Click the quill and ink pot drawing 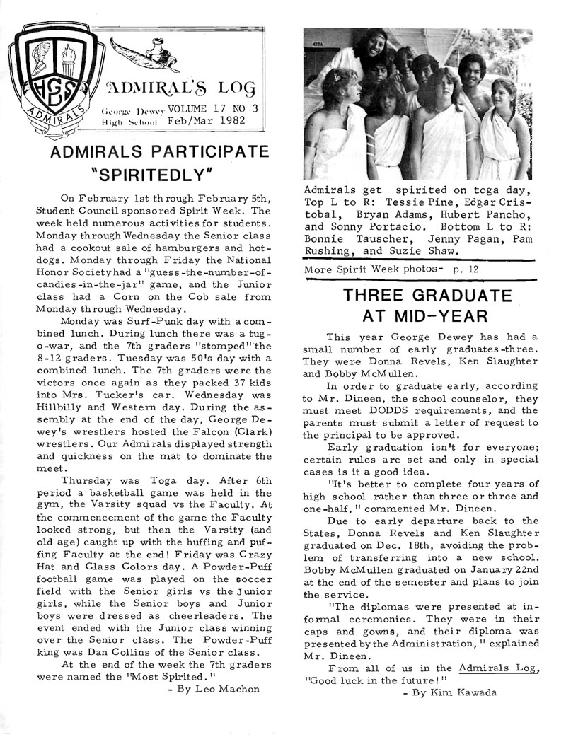[148, 51]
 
